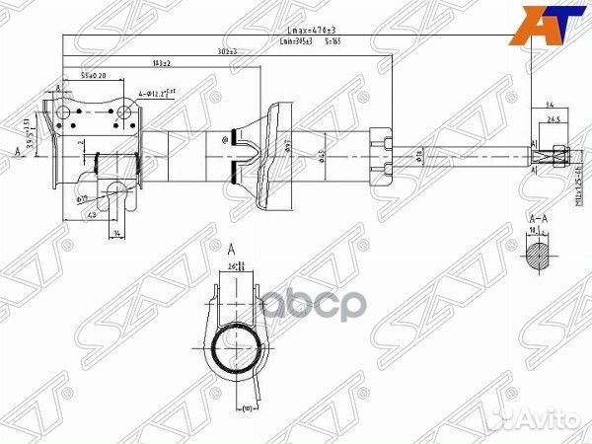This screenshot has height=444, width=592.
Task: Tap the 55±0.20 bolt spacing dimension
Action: coord(94,76)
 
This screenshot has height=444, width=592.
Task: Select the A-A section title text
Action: coord(538,218)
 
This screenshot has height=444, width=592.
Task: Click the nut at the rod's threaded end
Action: coord(557,153)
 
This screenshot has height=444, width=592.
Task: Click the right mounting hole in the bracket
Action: coord(123,113)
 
